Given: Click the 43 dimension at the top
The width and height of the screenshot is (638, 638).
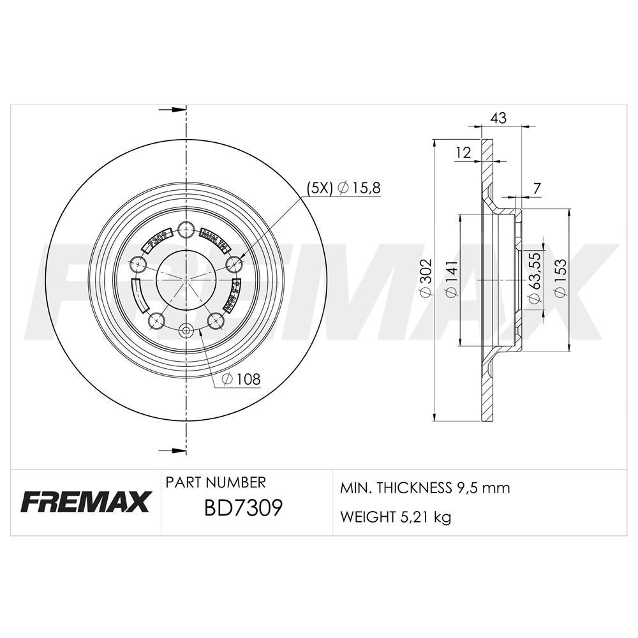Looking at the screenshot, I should pyautogui.click(x=498, y=117).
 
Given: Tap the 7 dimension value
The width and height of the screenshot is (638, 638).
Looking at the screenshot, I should pyautogui.click(x=537, y=189).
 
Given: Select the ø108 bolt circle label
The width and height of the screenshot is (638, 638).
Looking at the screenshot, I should pyautogui.click(x=241, y=379).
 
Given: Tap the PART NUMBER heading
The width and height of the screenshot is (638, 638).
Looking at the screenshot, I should pyautogui.click(x=216, y=482).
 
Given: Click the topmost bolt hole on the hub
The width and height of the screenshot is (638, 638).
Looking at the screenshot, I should pyautogui.click(x=186, y=229).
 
